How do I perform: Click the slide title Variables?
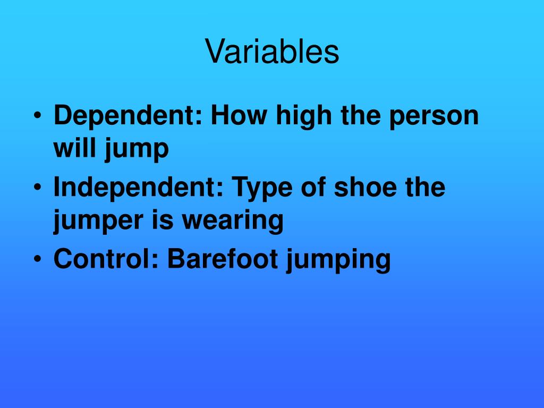pos(272,52)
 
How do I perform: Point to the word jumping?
pos(338,260)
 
